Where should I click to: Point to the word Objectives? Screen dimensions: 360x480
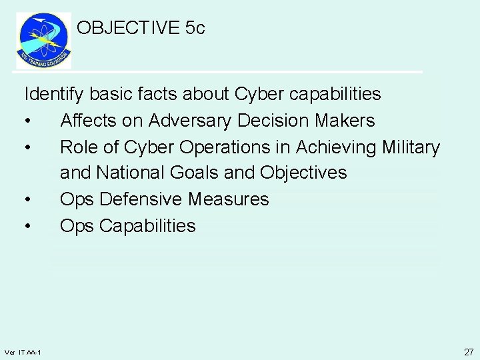[x=304, y=173]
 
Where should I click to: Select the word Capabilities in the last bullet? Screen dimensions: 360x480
[x=147, y=226]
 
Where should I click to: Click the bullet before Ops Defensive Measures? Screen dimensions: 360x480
[x=27, y=200]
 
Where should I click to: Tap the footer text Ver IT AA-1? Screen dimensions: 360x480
[x=23, y=352]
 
